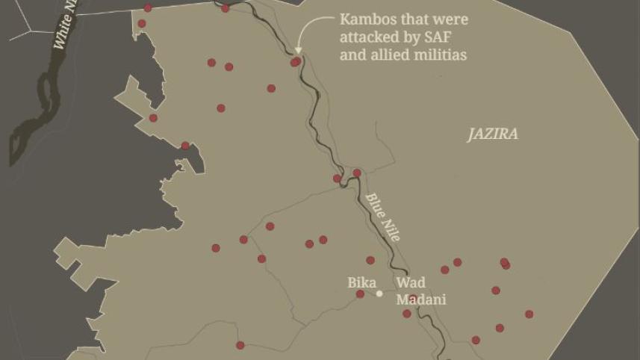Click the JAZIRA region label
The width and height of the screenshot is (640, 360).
click(x=492, y=134)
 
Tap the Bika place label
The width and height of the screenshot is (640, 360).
click(x=361, y=282)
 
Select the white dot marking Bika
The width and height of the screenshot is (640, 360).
click(x=379, y=294)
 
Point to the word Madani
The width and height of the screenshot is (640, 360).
click(x=420, y=300)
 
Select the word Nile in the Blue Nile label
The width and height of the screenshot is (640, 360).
click(x=392, y=229)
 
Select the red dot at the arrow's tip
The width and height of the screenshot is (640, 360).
click(x=296, y=62)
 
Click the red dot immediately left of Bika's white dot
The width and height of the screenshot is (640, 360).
click(x=360, y=294)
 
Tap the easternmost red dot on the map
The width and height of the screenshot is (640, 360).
click(x=529, y=314)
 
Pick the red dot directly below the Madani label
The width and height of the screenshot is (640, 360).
click(x=407, y=314)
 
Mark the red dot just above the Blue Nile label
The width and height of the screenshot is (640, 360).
click(x=357, y=173)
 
